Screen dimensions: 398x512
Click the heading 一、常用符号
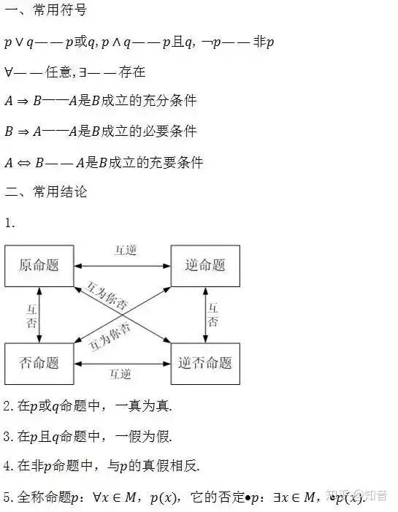pos(46,9)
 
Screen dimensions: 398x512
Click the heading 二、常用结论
pos(46,191)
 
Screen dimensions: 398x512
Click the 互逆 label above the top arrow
pos(126,251)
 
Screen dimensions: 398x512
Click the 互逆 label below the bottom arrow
pos(120,374)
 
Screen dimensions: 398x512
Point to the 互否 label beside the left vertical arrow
pos(31,316)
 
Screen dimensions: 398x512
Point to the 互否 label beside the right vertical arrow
pos(213,315)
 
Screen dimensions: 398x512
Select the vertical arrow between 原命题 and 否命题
pos(39,315)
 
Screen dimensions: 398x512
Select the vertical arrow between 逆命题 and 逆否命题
pos(205,315)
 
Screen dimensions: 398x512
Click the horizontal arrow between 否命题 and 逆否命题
pos(123,364)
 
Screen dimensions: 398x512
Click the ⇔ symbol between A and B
pos(23,163)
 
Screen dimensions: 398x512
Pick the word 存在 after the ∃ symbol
pos(132,72)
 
